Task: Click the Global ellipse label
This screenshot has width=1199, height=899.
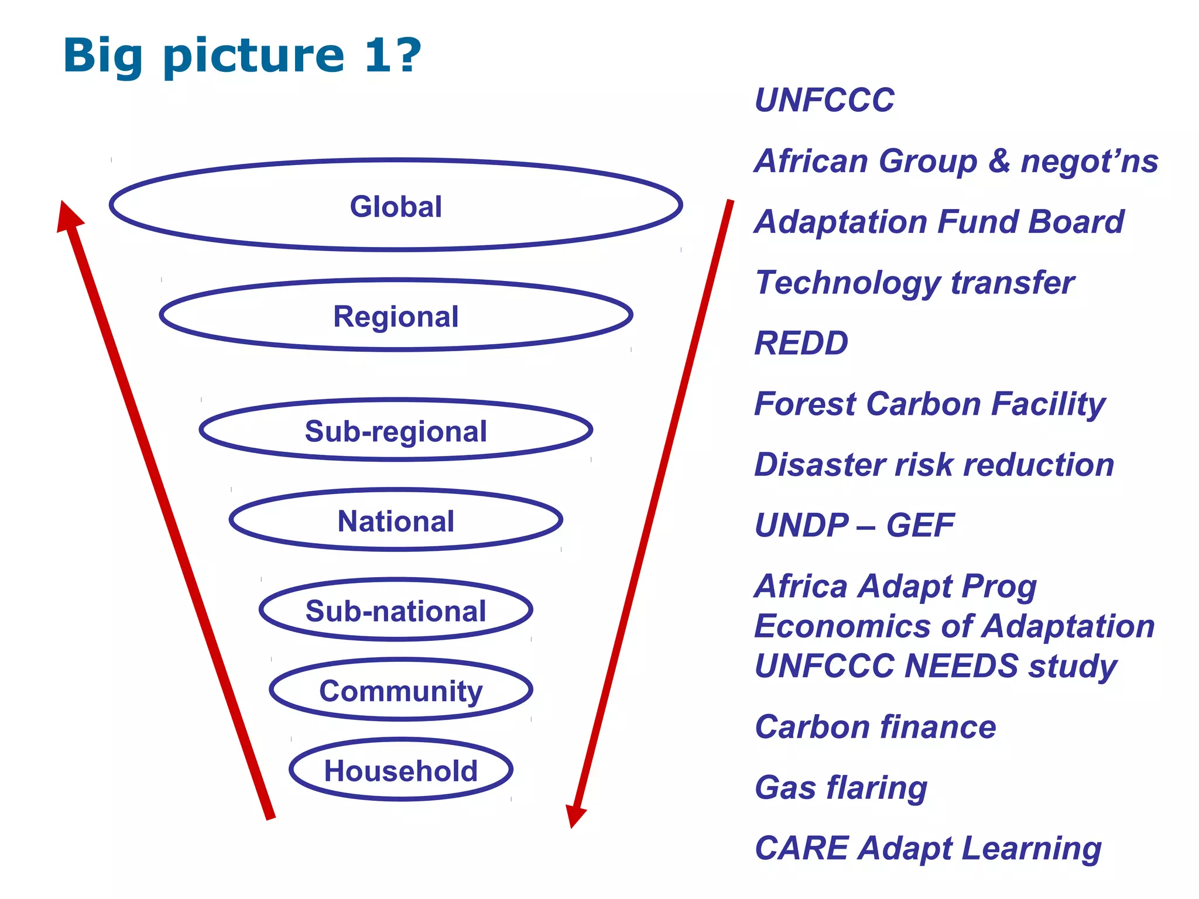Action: tap(396, 207)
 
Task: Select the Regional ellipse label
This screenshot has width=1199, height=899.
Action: tap(396, 317)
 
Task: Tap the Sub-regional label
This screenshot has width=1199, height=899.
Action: tap(396, 431)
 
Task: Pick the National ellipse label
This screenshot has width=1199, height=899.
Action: tap(396, 521)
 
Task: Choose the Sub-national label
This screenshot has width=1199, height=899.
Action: tap(396, 611)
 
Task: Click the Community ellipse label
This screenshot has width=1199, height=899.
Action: tap(401, 691)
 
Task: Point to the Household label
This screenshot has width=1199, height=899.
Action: tap(401, 771)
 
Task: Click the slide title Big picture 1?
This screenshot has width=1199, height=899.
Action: tap(242, 56)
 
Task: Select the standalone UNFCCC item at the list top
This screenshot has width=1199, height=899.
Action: tap(824, 100)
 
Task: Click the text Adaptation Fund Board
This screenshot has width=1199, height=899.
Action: tap(939, 222)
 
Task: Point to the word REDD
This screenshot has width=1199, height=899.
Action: tap(801, 343)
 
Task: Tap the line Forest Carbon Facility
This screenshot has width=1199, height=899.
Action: tap(930, 404)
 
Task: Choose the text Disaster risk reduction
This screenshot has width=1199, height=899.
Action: tap(934, 465)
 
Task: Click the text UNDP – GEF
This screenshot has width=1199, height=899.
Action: tap(854, 525)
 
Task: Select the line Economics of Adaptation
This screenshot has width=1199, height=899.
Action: tap(954, 626)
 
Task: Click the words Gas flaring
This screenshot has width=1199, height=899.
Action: tap(841, 787)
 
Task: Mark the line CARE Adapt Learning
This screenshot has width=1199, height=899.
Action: tap(928, 848)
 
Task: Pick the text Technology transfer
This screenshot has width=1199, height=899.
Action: tap(914, 283)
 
